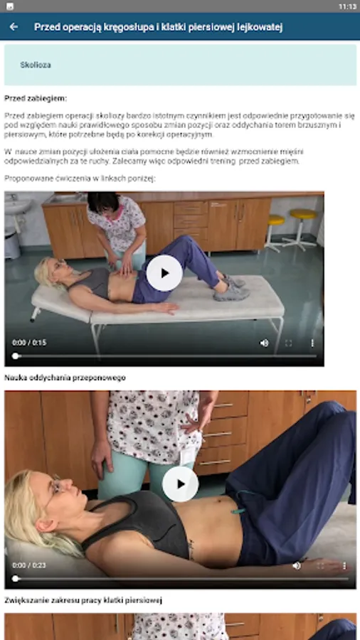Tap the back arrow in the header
pyautogui.click(x=14, y=27)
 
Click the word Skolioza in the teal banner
pyautogui.click(x=36, y=65)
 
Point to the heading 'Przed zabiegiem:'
pyautogui.click(x=36, y=98)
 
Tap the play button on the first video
pyautogui.click(x=164, y=273)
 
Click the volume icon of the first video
pyautogui.click(x=265, y=343)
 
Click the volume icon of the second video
pyautogui.click(x=297, y=566)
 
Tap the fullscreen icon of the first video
pyautogui.click(x=289, y=343)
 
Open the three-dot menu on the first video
pyautogui.click(x=312, y=343)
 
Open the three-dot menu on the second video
pyautogui.click(x=344, y=566)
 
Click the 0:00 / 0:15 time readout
pyautogui.click(x=29, y=343)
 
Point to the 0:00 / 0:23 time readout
pyautogui.click(x=29, y=565)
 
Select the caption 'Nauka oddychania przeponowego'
pyautogui.click(x=65, y=378)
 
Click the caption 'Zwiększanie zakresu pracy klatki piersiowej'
pyautogui.click(x=83, y=600)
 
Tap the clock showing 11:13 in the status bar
pyautogui.click(x=347, y=6)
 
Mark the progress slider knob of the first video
pyautogui.click(x=16, y=356)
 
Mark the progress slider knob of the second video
pyautogui.click(x=16, y=578)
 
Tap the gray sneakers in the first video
pyautogui.click(x=231, y=288)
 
